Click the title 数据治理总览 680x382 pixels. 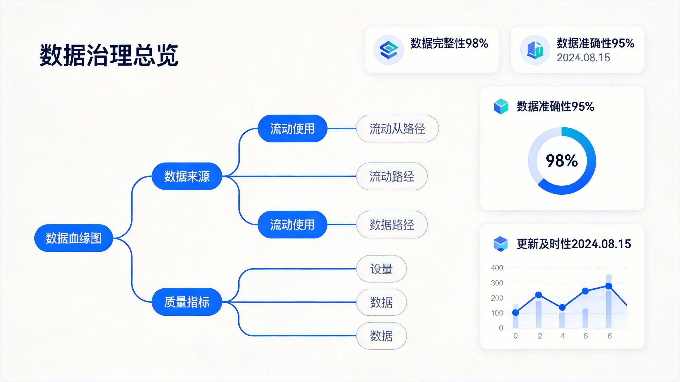pos(109,55)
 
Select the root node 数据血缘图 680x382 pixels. pos(74,238)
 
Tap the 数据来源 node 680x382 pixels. pos(187,176)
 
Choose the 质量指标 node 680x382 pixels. pos(187,302)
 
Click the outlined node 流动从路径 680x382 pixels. pos(397,129)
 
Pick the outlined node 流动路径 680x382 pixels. pos(392,176)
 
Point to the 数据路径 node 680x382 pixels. pos(392,225)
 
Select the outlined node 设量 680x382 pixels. pos(381,269)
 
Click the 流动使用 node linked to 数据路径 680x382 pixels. pos(292,224)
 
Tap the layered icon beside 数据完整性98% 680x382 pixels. pos(388,50)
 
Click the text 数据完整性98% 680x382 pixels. pos(449,44)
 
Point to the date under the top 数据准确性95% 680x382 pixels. pos(583,58)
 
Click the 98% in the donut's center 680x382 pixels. pos(562,160)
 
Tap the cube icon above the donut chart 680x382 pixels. pos(501,106)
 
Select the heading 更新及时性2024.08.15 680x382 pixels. pos(574,244)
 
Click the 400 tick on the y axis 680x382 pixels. pos(497,268)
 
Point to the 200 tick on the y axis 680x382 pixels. pos(497,298)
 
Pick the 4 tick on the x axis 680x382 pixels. pos(563,336)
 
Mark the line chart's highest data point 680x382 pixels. pos(609,286)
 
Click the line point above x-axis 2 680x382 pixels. pos(539,295)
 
